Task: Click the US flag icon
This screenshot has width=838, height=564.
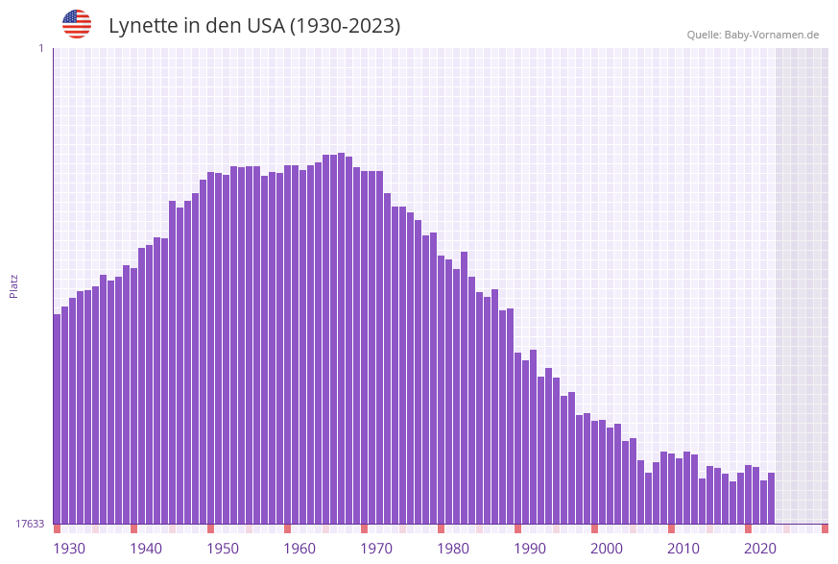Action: [x=77, y=24]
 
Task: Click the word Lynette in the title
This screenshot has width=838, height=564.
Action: [x=143, y=26]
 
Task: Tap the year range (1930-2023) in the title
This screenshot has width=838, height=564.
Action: [x=346, y=26]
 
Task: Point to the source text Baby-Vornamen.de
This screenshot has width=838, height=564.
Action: [x=771, y=35]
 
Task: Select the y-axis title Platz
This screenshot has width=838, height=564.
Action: [x=14, y=285]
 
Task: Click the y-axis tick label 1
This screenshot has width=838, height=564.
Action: [x=40, y=48]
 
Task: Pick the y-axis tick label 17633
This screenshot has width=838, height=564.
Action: [x=30, y=524]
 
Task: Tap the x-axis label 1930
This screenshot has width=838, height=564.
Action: [x=69, y=549]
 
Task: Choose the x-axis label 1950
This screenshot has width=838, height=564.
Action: [x=223, y=549]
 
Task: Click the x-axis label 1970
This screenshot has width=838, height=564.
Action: [x=376, y=549]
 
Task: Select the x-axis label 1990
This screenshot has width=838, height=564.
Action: [x=530, y=549]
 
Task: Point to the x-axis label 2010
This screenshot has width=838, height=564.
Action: [x=683, y=549]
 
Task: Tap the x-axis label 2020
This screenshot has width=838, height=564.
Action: [x=760, y=549]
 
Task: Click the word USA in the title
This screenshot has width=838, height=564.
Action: [x=264, y=26]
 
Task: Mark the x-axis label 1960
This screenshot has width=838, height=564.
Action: [x=299, y=549]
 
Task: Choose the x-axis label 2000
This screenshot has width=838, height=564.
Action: [x=607, y=549]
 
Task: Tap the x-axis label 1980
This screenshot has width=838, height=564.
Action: [x=453, y=549]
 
